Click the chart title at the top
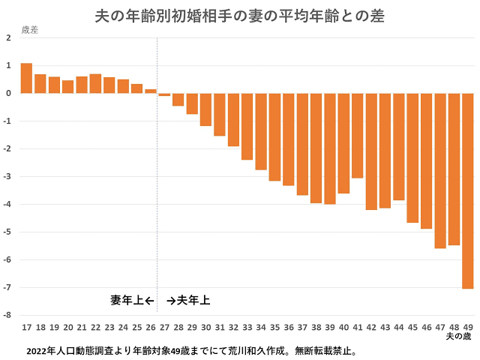coord(240,15)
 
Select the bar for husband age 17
coord(26,78)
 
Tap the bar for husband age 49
coord(467,190)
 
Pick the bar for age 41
coord(357,136)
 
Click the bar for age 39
coord(329,148)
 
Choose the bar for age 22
coord(95,83)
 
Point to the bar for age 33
coord(247,126)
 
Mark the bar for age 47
coord(439,170)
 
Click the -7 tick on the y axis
coord(7,287)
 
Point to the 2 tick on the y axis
coord(7,37)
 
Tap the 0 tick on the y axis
coord(7,93)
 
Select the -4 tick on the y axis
coord(7,204)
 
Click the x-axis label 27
coord(164,328)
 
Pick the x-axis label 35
coord(274,328)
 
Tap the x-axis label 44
coord(398,328)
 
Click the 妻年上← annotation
coord(132,301)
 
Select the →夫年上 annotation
coord(188,301)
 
